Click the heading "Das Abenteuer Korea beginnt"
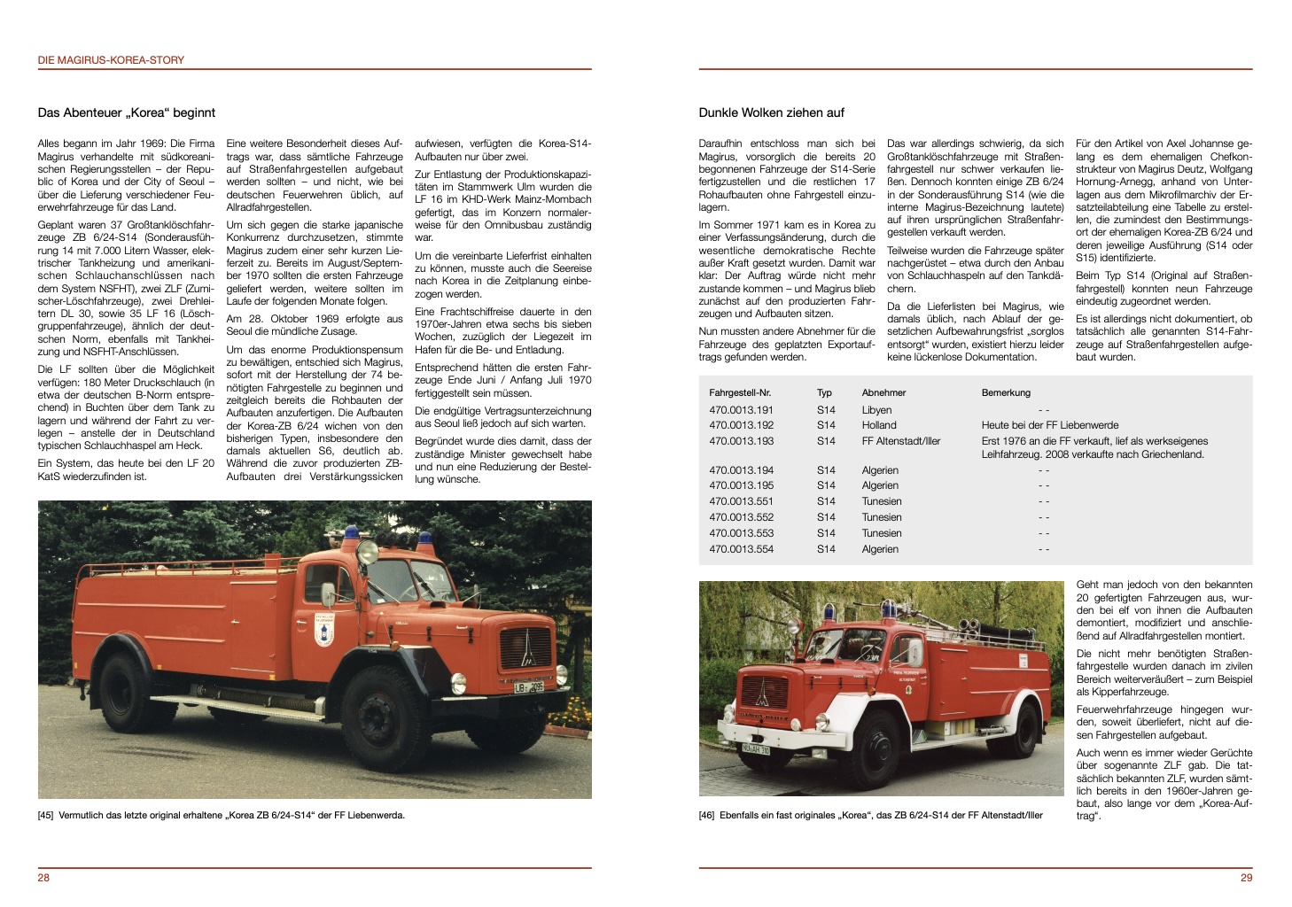126,112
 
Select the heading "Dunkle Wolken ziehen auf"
771,112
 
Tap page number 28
43,878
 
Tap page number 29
1246,878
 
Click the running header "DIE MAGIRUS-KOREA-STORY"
111,60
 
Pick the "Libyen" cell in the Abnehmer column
876,410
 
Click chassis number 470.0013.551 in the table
741,501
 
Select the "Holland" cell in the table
879,425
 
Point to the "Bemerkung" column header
1006,392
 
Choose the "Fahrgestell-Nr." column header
740,392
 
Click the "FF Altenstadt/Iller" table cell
900,441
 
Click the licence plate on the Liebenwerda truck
529,687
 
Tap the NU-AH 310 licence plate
756,749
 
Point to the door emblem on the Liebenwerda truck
324,633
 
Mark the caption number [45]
46,815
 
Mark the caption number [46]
706,815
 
